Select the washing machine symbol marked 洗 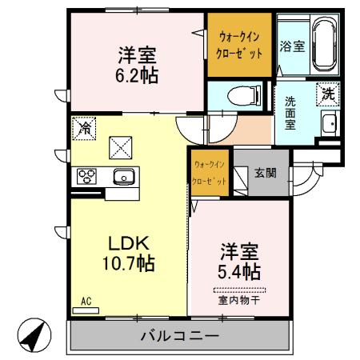(328, 93)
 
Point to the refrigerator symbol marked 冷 (84, 127)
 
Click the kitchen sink (123, 177)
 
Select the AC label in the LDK (87, 301)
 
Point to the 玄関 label (266, 171)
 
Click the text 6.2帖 (138, 77)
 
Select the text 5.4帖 (239, 272)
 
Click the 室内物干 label (239, 301)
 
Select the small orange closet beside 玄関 (210, 174)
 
